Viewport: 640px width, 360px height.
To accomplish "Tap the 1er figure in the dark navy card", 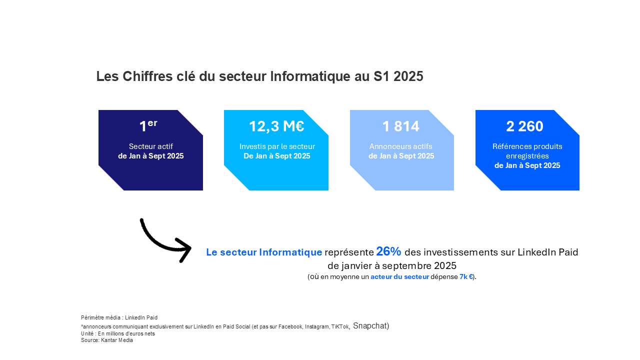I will coord(148,126).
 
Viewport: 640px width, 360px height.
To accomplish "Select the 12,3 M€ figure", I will coord(276,126).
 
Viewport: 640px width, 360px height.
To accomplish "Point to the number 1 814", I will coord(401,126).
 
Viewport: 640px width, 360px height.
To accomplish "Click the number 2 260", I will coord(524,126).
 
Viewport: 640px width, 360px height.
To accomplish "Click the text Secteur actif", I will coord(150,146).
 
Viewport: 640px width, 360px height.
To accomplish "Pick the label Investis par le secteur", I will coord(277,146).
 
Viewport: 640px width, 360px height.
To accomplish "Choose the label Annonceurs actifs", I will coord(401,146).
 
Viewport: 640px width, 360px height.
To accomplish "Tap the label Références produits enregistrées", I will coord(527,151).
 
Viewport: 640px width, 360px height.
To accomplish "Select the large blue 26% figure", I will coord(388,251).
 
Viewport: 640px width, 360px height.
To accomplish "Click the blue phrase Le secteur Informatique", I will coord(264,252).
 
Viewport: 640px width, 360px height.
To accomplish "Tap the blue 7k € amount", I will coord(466,276).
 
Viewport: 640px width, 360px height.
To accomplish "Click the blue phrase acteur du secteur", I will coord(399,276).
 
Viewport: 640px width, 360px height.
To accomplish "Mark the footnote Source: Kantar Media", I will coord(107,340).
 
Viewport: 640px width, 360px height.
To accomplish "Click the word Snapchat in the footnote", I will coord(370,326).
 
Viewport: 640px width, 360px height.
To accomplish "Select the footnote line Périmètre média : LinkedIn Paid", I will coord(119,317).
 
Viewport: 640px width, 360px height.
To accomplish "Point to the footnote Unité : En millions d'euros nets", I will coord(118,333).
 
